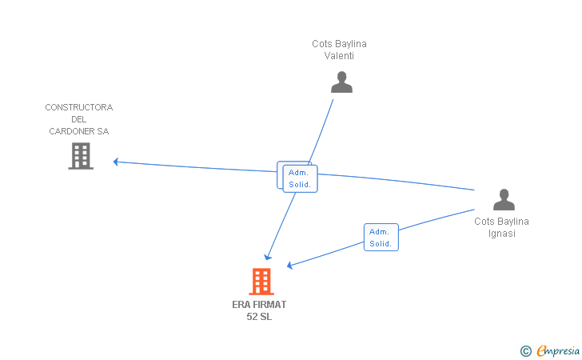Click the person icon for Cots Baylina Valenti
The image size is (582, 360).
point(341,82)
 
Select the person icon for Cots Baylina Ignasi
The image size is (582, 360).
point(504,200)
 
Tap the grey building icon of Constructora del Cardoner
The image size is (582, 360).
point(81,156)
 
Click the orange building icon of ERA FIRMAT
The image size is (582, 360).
point(261,282)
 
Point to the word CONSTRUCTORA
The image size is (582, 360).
point(78,107)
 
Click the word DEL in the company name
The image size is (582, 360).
point(78,119)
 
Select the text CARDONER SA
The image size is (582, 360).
point(78,131)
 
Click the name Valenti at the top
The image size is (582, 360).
point(339,56)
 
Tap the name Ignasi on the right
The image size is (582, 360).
point(502,234)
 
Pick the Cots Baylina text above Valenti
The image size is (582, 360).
point(339,44)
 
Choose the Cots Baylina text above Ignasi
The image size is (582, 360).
point(502,222)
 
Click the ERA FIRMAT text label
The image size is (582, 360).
point(259,305)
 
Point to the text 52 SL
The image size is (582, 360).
point(259,317)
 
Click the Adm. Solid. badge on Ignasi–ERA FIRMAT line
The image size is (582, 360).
point(381,238)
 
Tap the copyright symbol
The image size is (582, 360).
point(525,350)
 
